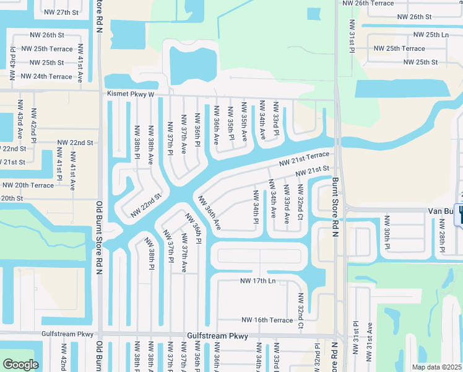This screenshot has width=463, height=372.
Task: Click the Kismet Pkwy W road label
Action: click(130, 94)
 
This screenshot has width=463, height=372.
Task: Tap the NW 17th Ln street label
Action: click(262, 281)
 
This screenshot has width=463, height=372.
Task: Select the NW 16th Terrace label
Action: click(267, 320)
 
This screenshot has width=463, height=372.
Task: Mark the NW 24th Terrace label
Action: click(46, 76)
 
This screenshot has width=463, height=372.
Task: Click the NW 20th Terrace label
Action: click(28, 185)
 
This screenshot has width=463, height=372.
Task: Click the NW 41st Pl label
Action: click(59, 161)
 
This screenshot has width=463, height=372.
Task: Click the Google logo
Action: click(20, 365)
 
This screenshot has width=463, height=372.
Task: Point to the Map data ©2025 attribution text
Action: click(437, 367)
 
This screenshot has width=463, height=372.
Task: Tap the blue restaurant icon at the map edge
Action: click(460, 215)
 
